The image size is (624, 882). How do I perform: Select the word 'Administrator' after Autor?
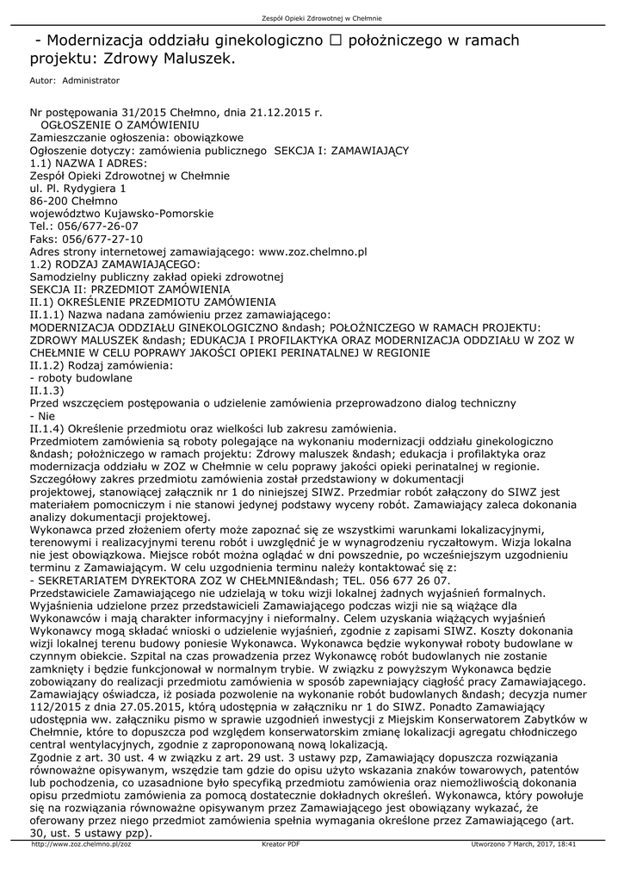91,80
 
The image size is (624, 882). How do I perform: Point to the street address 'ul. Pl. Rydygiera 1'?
78,188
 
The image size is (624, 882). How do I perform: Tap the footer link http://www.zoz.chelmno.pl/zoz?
80,845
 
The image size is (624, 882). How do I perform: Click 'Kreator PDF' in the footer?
281,845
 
